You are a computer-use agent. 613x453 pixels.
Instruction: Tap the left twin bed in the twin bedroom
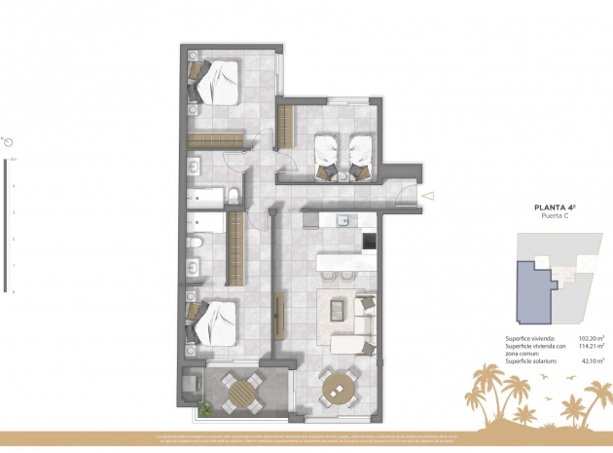click(x=328, y=152)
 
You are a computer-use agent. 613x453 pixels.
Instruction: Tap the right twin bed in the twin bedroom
click(x=361, y=152)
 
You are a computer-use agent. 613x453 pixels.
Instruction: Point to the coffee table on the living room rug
click(x=338, y=310)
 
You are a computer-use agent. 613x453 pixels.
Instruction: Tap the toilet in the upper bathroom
click(x=234, y=198)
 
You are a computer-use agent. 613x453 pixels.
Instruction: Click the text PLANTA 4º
click(x=555, y=207)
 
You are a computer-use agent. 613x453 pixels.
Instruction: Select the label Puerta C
click(x=555, y=216)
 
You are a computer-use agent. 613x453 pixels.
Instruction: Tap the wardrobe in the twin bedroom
click(x=286, y=124)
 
